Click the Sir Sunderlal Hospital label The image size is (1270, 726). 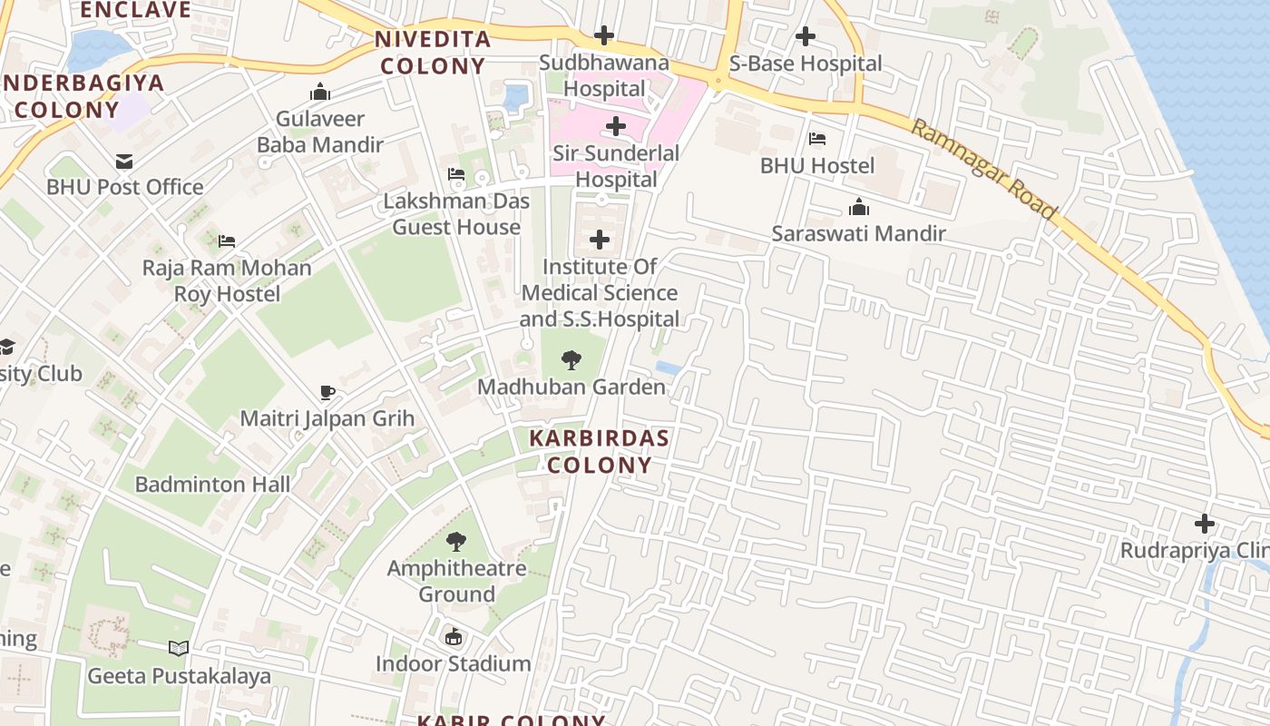click(x=616, y=166)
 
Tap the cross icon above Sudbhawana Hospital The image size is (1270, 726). click(x=604, y=36)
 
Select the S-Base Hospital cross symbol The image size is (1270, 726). click(x=805, y=36)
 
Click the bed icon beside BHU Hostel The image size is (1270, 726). click(x=816, y=139)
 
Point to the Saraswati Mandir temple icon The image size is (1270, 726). click(x=858, y=207)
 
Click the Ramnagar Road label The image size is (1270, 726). click(x=984, y=170)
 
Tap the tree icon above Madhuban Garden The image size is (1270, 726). click(x=571, y=360)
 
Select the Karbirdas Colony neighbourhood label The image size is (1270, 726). click(x=599, y=451)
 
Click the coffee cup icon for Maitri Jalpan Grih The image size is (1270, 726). click(x=327, y=392)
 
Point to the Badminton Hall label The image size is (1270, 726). click(x=213, y=484)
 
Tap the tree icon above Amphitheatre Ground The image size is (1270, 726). click(x=456, y=542)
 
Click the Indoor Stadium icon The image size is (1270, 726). click(x=454, y=637)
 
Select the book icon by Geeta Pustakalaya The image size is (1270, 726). click(x=179, y=649)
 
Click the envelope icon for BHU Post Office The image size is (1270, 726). click(x=124, y=161)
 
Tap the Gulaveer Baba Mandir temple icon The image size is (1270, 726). click(x=319, y=92)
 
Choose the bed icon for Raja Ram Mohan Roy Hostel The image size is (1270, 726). click(x=227, y=241)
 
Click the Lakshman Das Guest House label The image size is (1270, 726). click(x=456, y=213)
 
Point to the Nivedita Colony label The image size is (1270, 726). click(x=433, y=53)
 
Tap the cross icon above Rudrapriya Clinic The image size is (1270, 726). click(x=1204, y=524)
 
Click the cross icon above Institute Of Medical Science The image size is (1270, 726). click(x=599, y=240)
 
